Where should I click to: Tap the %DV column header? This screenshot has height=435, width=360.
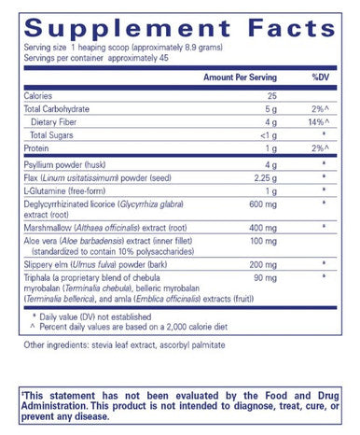[x=319, y=78]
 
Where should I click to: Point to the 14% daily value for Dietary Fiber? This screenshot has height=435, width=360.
[x=318, y=122]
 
